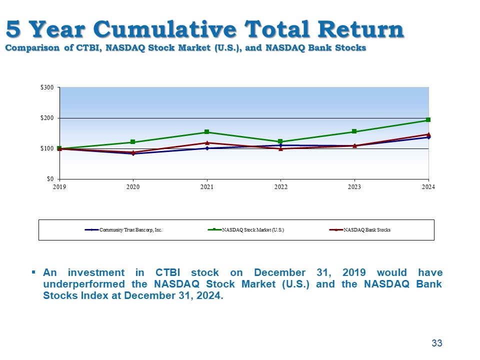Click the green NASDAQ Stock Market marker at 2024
428,120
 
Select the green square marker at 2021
206,132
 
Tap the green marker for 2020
133,142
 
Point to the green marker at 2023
354,131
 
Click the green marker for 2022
280,141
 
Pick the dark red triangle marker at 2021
206,143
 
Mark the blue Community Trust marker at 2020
133,154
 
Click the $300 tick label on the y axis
47,87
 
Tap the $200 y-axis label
47,118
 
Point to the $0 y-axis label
50,178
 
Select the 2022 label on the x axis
280,187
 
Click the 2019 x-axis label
59,187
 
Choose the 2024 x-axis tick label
428,187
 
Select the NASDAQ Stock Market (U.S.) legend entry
253,230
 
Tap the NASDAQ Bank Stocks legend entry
367,230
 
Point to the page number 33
437,343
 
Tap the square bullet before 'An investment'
33,272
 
